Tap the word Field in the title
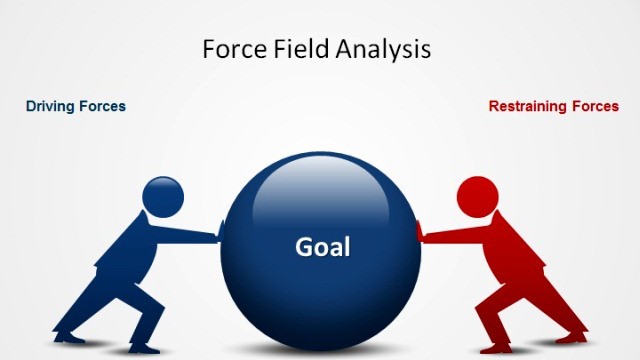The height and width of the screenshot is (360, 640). point(299,49)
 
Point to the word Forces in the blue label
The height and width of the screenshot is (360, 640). point(102,106)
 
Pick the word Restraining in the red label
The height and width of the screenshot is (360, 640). point(528,106)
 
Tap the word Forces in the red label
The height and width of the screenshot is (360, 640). point(594,106)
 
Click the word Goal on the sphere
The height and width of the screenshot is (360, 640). point(322,246)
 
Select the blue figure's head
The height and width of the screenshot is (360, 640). point(161,196)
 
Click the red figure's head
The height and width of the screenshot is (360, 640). point(476,194)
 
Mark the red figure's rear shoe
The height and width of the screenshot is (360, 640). point(574,339)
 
